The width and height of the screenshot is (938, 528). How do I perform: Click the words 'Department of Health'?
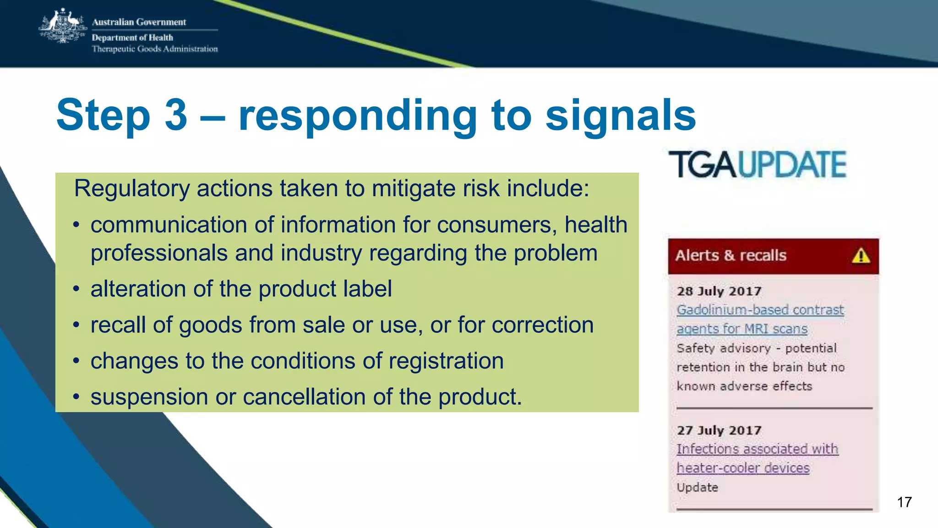click(132, 38)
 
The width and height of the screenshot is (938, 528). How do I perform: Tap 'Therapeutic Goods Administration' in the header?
click(155, 49)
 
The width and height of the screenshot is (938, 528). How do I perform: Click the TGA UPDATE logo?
click(758, 165)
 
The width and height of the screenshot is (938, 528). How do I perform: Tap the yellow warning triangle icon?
click(861, 256)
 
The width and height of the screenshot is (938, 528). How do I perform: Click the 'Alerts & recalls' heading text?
click(731, 255)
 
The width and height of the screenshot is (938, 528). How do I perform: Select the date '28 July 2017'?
click(719, 291)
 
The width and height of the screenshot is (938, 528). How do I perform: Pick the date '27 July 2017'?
click(719, 430)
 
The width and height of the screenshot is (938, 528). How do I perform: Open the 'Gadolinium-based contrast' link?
click(760, 310)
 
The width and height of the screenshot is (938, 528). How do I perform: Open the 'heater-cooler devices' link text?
click(743, 468)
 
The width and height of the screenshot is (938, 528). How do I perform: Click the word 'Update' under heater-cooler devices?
click(697, 487)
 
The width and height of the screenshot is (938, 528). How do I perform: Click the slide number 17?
click(904, 502)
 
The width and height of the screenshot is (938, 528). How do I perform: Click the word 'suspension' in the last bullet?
click(149, 397)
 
